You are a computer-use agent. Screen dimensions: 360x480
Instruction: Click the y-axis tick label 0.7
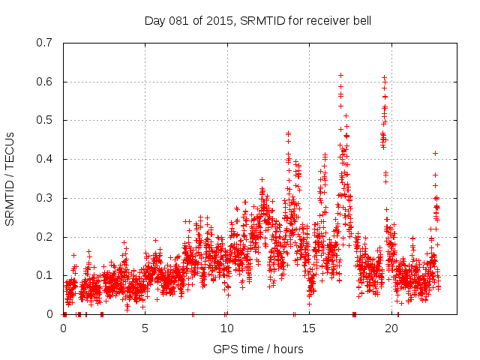pos(45,43)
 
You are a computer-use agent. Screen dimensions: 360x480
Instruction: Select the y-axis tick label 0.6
pos(45,82)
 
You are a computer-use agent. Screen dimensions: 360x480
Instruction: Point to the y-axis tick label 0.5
pos(45,120)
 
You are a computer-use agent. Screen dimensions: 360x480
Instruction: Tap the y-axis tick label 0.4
pos(45,159)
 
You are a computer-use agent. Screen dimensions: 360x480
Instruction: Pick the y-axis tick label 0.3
pos(45,198)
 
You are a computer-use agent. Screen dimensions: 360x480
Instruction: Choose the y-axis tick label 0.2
pos(45,237)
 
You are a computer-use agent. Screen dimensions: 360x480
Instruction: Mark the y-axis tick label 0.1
pos(45,275)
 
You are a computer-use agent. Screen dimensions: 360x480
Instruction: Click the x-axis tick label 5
pos(145,328)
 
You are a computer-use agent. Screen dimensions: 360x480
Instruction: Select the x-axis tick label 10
pos(226,328)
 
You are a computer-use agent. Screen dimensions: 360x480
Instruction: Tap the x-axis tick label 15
pos(308,328)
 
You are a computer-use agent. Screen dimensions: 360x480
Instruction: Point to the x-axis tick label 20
pos(390,328)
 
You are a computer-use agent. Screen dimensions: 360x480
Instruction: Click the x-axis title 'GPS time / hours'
pos(258,349)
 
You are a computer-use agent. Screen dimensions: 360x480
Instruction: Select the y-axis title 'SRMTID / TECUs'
pos(10,178)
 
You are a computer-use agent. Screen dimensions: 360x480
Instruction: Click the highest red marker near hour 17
pos(340,75)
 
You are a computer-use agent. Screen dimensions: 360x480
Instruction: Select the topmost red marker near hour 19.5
pos(384,77)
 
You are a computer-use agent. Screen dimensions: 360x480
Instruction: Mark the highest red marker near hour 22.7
pos(435,153)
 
